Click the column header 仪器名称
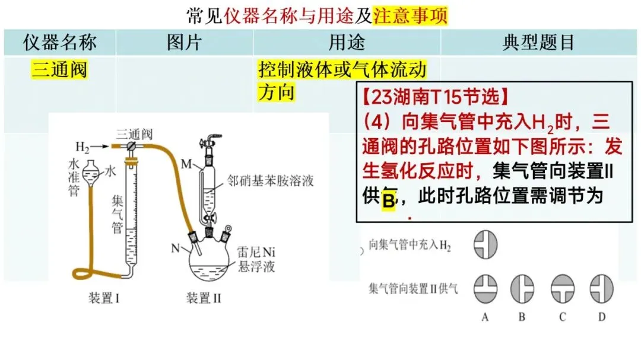tap(59, 43)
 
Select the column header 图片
tap(184, 43)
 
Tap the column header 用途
tap(347, 43)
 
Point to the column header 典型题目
tap(538, 43)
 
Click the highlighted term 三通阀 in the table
tap(59, 71)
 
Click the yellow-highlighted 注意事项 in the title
tap(410, 14)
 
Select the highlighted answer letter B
tap(388, 200)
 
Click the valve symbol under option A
tap(485, 287)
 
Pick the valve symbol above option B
tap(522, 287)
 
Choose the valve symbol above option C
tap(562, 287)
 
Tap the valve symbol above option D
tap(601, 287)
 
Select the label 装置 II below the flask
tap(203, 298)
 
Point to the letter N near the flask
tap(176, 248)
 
